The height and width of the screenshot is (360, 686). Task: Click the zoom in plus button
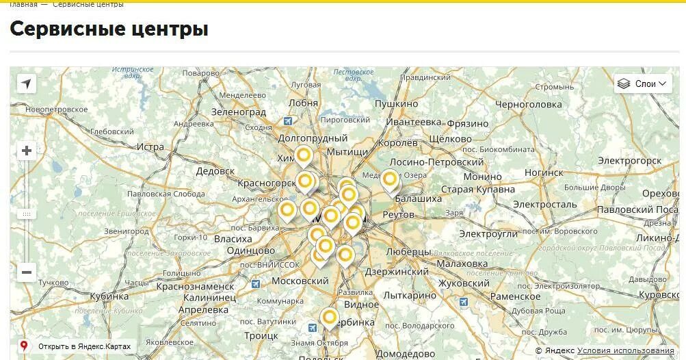click(27, 151)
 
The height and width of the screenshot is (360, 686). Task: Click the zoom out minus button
click(27, 272)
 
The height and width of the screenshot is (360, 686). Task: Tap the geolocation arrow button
click(27, 83)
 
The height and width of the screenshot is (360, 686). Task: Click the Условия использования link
click(625, 350)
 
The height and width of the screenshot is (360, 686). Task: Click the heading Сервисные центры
click(109, 29)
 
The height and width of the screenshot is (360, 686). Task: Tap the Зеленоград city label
click(238, 112)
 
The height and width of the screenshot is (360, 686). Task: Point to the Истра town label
click(150, 147)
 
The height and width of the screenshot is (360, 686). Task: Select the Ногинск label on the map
click(544, 172)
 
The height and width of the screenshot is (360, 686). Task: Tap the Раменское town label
click(515, 296)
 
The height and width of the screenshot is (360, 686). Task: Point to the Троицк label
click(261, 336)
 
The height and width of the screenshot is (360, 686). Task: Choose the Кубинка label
click(109, 296)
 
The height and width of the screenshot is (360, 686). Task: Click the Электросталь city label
click(545, 204)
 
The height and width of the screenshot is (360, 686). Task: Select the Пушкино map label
click(396, 103)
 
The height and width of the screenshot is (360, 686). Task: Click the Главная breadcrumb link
click(24, 5)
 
